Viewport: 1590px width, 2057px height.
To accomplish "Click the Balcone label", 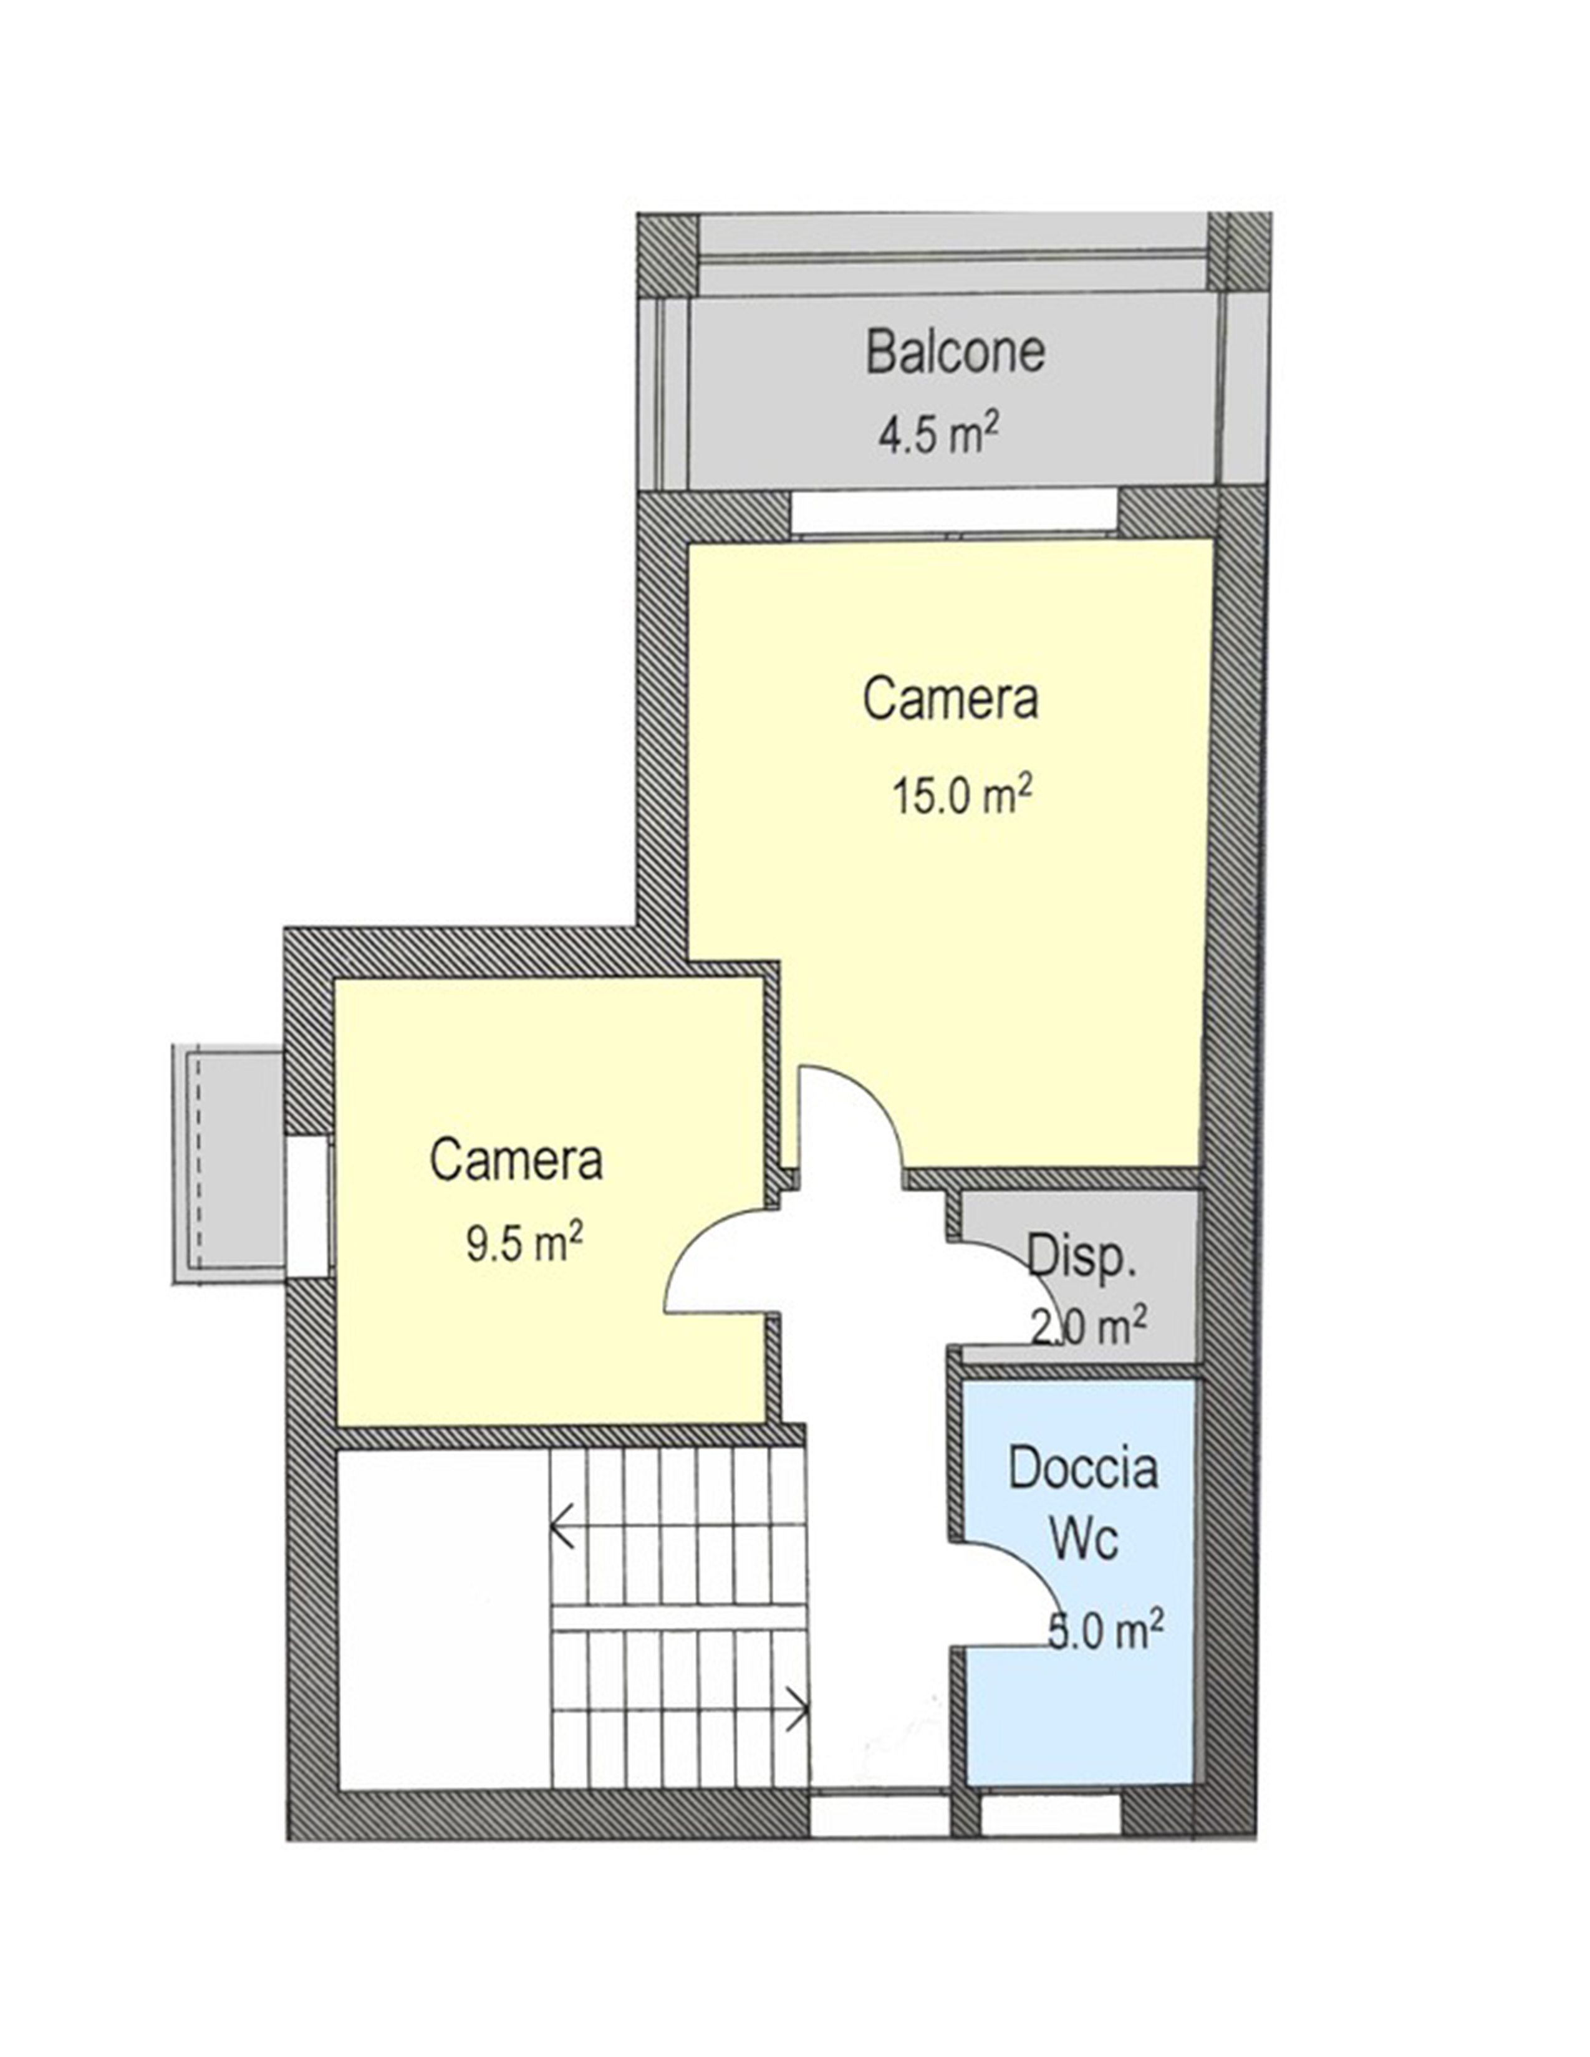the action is pos(955,352).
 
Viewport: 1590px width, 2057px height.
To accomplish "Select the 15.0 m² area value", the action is pos(961,798).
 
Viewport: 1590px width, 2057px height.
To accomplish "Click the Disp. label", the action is pos(1081,1255).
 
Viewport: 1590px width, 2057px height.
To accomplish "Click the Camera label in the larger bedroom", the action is pos(950,699).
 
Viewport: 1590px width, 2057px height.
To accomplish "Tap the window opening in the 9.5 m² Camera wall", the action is pos(308,1207).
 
